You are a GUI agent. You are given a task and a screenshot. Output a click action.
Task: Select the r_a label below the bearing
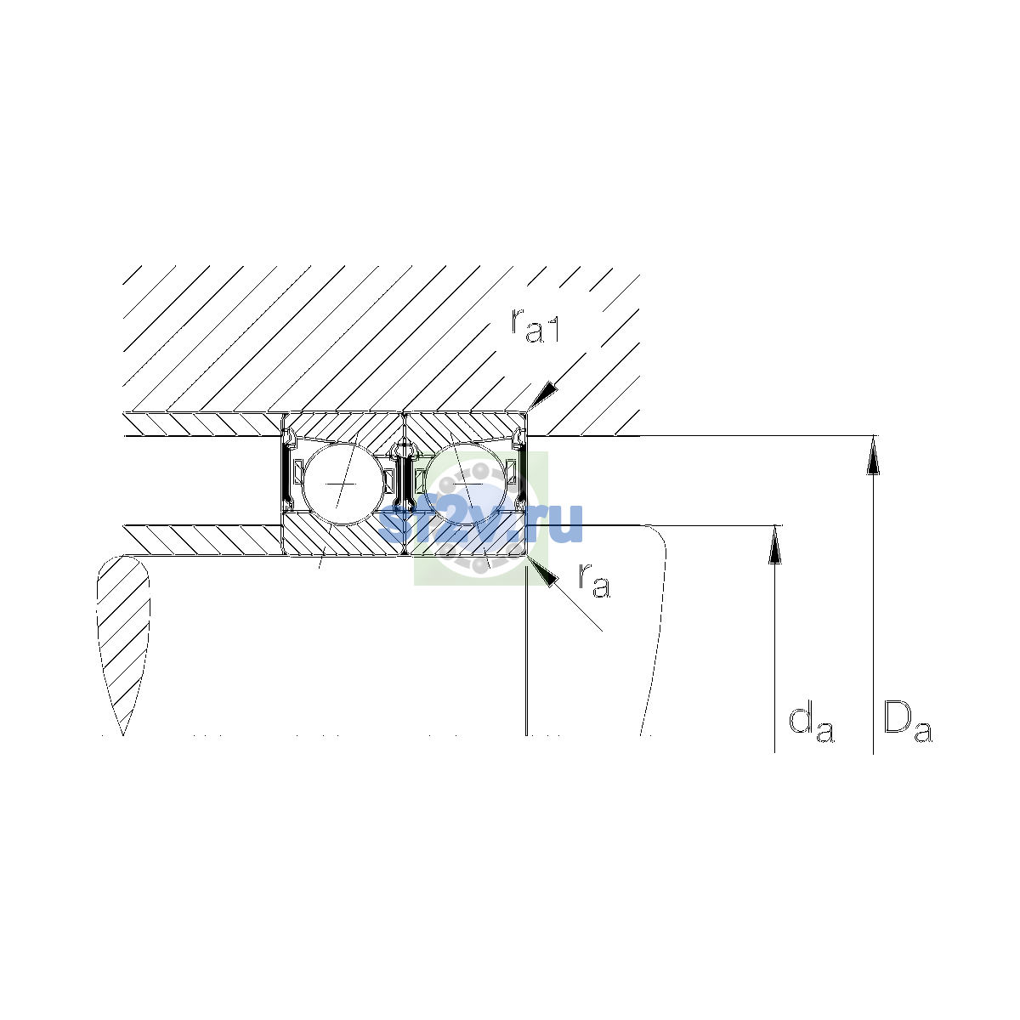click(594, 581)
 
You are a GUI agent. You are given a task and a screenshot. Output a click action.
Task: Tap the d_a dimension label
click(811, 722)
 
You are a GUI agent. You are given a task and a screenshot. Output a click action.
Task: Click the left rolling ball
click(343, 484)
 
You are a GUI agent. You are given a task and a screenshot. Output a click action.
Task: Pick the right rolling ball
click(465, 484)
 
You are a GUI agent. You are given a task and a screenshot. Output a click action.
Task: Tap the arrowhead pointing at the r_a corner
click(544, 573)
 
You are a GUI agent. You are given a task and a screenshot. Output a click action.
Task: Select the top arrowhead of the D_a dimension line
click(873, 456)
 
